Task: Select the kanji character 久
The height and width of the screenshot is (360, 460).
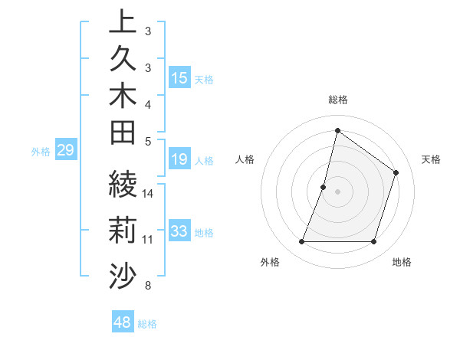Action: click(123, 58)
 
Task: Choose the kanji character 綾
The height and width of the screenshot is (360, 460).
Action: click(123, 185)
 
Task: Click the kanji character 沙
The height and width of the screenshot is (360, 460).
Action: click(123, 274)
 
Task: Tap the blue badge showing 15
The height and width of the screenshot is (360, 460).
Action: click(179, 78)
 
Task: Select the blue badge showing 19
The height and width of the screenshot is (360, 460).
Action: click(179, 160)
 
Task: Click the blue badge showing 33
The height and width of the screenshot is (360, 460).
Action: click(179, 231)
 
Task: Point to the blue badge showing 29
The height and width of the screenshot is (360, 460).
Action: click(65, 150)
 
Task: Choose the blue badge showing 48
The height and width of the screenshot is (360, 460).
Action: click(123, 322)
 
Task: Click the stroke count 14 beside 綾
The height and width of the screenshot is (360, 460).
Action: click(149, 194)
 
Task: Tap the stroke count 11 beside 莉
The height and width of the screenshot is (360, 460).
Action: click(149, 240)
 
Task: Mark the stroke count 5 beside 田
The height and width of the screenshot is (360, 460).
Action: click(149, 141)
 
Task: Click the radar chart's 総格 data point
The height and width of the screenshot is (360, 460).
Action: click(337, 130)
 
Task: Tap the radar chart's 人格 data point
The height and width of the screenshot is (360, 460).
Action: click(324, 187)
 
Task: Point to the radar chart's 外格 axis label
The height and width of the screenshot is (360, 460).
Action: click(270, 262)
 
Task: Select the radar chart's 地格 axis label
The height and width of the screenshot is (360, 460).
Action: click(402, 262)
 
